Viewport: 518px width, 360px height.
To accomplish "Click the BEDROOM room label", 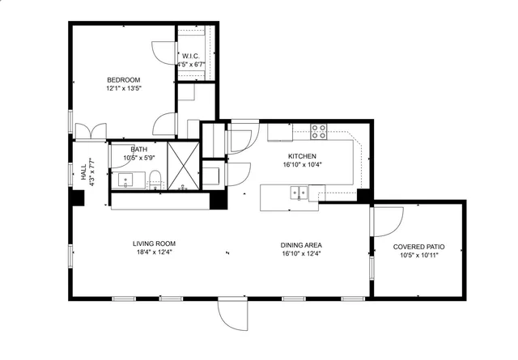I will tap(124, 79).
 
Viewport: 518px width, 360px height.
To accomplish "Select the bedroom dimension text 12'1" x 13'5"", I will tap(124, 89).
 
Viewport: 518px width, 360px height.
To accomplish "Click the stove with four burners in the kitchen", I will tap(319, 130).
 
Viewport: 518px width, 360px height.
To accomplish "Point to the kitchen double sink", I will tap(299, 193).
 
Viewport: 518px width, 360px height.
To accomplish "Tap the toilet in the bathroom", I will tap(156, 180).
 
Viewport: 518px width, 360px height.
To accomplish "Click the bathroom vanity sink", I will tap(127, 180).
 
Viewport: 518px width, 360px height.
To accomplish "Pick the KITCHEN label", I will tap(302, 156).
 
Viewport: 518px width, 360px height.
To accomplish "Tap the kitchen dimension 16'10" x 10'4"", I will tap(302, 165).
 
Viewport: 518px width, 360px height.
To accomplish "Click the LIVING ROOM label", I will tap(154, 244).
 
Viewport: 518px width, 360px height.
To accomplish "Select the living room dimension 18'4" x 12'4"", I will tap(154, 252).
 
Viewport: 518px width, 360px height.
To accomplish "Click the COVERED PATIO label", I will tap(418, 247).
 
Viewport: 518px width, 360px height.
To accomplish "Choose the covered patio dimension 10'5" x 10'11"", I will tap(418, 256).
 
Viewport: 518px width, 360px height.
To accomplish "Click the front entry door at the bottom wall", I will tap(231, 312).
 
